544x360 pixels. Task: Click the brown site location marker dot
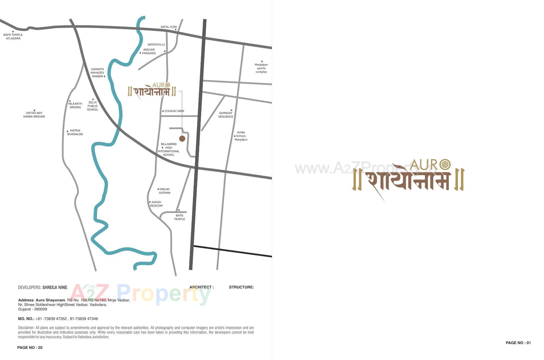click(x=182, y=139)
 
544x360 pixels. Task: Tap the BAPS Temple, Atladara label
click(x=13, y=37)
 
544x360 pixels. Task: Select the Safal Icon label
click(x=169, y=27)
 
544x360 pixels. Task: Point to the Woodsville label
click(x=156, y=44)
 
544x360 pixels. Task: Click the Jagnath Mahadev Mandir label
click(x=97, y=73)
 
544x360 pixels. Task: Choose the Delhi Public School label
click(x=93, y=106)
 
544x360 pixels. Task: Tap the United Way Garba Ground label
click(x=34, y=115)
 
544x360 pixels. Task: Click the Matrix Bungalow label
click(x=75, y=132)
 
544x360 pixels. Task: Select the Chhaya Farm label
click(x=174, y=111)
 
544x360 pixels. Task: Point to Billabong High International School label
click(x=169, y=149)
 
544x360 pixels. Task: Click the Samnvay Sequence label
click(x=226, y=115)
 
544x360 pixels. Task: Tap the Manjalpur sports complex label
click(x=261, y=68)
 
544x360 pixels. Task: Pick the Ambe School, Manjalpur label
click(x=241, y=136)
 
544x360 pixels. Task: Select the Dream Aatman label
click(x=164, y=191)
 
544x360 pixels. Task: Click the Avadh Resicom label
click(x=156, y=204)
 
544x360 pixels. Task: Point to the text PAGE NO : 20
click(x=30, y=348)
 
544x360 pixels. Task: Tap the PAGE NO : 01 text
click(x=518, y=343)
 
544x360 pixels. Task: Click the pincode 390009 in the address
click(x=41, y=309)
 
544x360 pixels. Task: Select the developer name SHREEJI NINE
click(x=55, y=287)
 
